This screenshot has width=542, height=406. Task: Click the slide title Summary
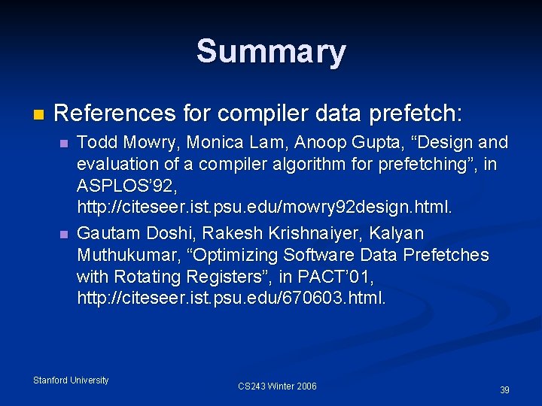271,52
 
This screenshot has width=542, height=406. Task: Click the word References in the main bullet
114,114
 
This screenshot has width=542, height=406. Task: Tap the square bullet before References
39,115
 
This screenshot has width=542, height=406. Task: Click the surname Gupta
364,142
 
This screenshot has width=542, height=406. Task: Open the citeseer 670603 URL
231,298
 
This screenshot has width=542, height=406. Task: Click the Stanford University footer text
71,380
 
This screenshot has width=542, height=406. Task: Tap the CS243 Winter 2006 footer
277,386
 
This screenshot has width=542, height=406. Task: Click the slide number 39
504,390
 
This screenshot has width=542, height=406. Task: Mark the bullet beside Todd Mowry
64,143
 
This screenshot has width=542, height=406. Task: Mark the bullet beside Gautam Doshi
64,235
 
